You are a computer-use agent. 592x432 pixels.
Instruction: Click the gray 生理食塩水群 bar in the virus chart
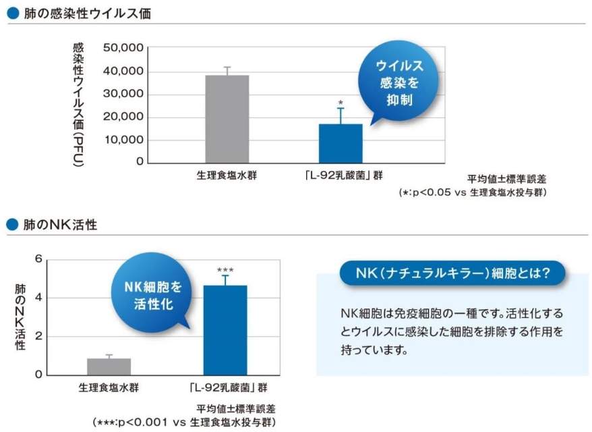pyautogui.click(x=227, y=119)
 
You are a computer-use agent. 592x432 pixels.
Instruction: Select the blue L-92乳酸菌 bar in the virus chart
pyautogui.click(x=341, y=143)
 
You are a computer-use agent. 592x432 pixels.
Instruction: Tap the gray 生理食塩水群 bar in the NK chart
pyautogui.click(x=109, y=367)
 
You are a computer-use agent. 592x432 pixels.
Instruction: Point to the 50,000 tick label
pyautogui.click(x=123, y=48)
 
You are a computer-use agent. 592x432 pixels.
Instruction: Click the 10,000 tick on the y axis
pyautogui.click(x=123, y=140)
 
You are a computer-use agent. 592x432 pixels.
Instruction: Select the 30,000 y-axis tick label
pyautogui.click(x=123, y=94)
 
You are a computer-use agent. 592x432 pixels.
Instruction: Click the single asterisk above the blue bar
pyautogui.click(x=341, y=103)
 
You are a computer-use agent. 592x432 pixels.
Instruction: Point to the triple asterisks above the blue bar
pyautogui.click(x=225, y=269)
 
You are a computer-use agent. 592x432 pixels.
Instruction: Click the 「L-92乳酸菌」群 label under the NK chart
pyautogui.click(x=226, y=388)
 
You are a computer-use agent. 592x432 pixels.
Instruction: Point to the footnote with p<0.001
pyautogui.click(x=184, y=422)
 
